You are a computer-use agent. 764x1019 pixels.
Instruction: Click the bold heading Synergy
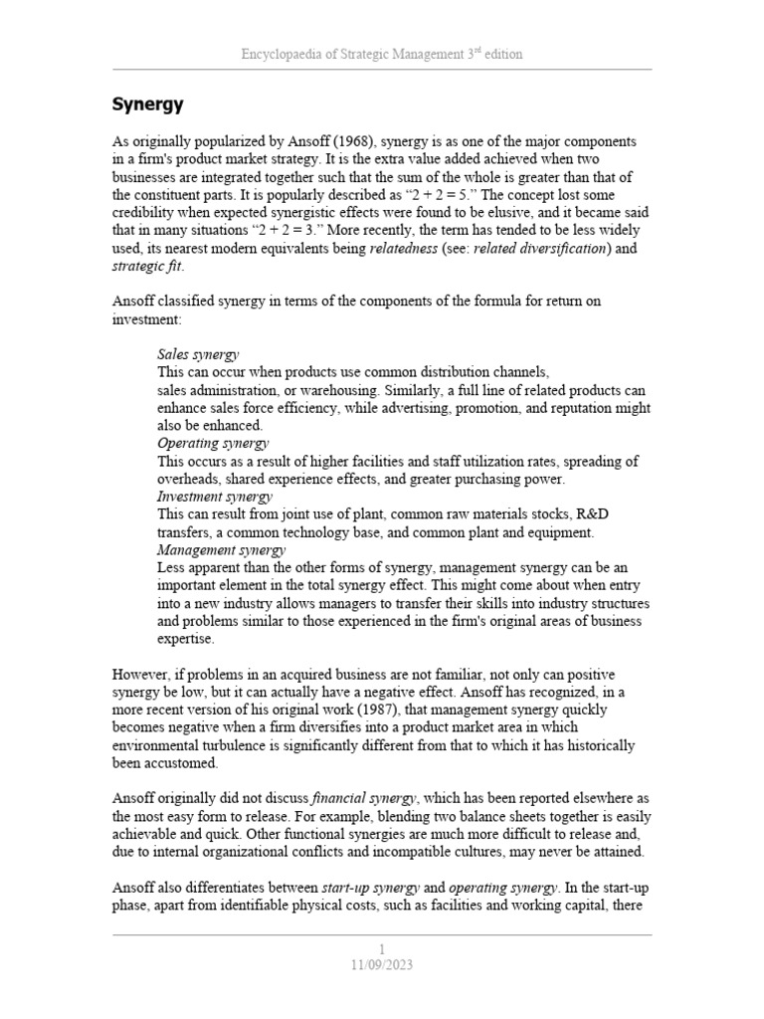click(147, 103)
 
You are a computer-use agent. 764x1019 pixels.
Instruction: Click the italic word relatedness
click(403, 248)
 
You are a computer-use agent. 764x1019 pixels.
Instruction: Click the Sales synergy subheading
click(198, 354)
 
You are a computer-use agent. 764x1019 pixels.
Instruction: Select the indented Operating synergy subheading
click(213, 443)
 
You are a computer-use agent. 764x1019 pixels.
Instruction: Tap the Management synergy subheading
click(221, 549)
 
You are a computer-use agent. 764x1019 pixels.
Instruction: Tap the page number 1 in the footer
click(382, 948)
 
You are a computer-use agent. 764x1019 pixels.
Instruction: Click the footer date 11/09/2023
click(382, 964)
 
